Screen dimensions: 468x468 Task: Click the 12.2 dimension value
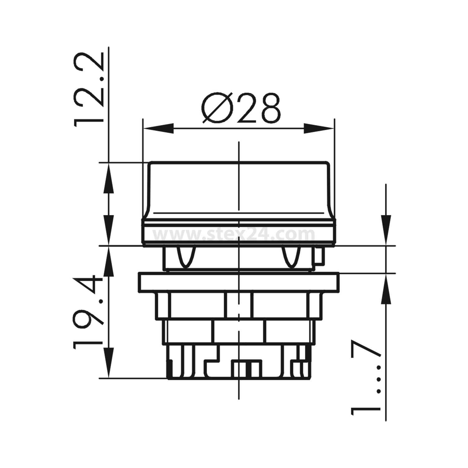[88, 89]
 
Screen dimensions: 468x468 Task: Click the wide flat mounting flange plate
[239, 282]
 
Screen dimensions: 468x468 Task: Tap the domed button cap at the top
[239, 187]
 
